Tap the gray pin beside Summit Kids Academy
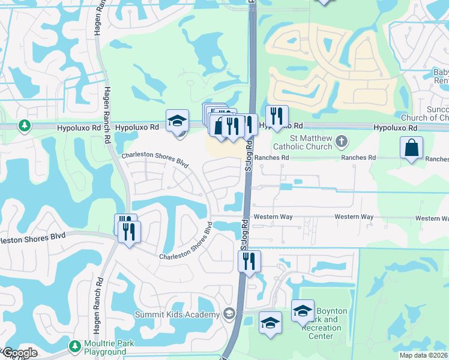click(228, 314)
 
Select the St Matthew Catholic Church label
click(302, 142)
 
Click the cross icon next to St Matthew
click(341, 142)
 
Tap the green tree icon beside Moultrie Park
click(74, 346)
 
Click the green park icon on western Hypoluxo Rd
click(24, 127)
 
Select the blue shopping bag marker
click(411, 148)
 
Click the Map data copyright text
click(424, 355)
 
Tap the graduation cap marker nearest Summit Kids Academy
click(270, 322)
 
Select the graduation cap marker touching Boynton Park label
click(303, 310)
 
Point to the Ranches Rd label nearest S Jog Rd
click(272, 158)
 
